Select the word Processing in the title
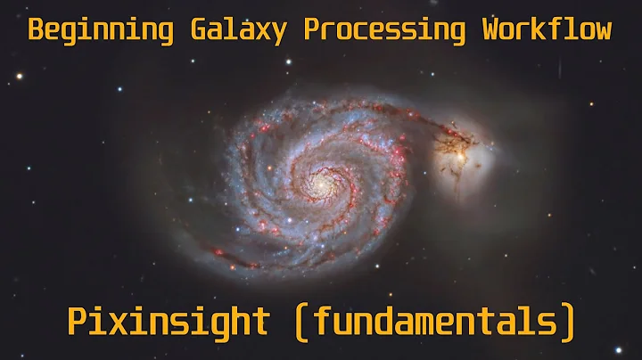(x=386, y=29)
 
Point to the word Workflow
(x=547, y=29)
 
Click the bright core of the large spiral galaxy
(x=317, y=182)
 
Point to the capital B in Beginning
(x=37, y=29)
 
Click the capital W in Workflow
(x=491, y=29)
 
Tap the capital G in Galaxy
(x=198, y=29)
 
